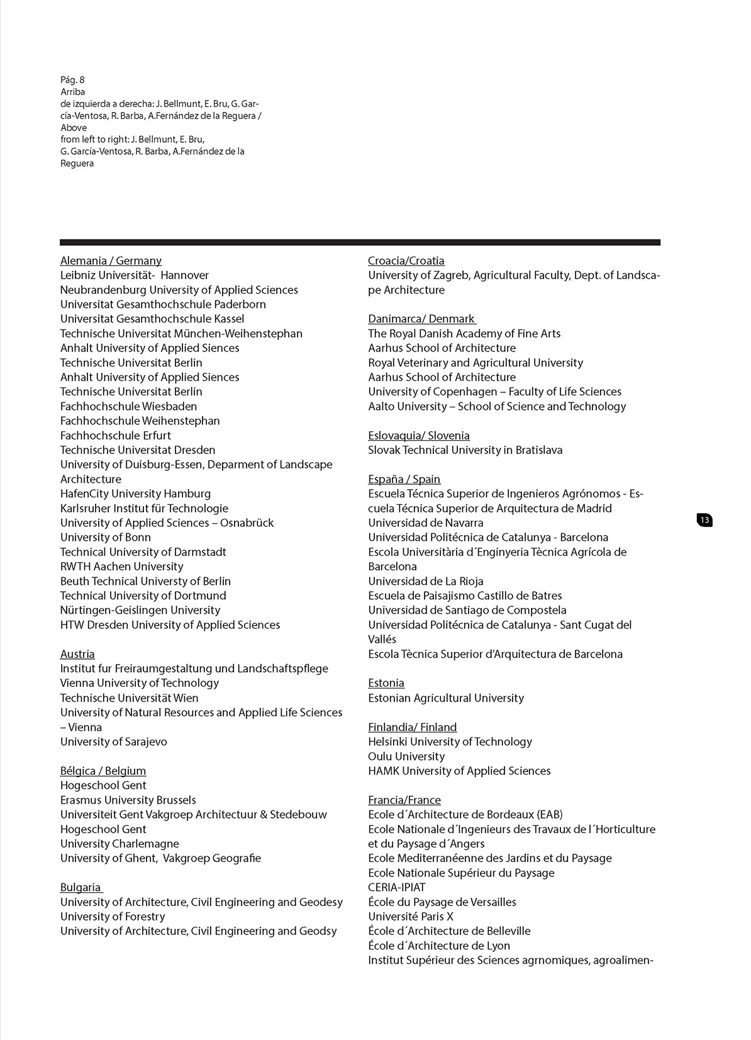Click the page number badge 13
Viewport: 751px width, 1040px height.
pyautogui.click(x=704, y=520)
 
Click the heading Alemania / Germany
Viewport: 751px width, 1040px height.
pyautogui.click(x=111, y=261)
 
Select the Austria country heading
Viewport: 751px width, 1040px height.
pyautogui.click(x=77, y=654)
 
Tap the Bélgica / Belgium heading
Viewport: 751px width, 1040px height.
pyautogui.click(x=103, y=771)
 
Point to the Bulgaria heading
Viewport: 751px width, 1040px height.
pyautogui.click(x=81, y=887)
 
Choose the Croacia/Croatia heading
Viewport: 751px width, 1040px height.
pyautogui.click(x=406, y=261)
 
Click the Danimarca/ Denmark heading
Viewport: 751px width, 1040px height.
pyautogui.click(x=421, y=319)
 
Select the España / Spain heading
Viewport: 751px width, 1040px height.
pyautogui.click(x=404, y=479)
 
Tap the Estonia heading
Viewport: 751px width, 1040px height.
pyautogui.click(x=386, y=683)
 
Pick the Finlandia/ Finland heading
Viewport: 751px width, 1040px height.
pyautogui.click(x=413, y=727)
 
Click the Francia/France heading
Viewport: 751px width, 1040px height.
pyautogui.click(x=404, y=800)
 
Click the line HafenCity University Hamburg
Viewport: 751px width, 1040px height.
pyautogui.click(x=135, y=494)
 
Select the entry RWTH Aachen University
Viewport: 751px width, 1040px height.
pyautogui.click(x=121, y=567)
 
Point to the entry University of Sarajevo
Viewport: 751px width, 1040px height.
pyautogui.click(x=114, y=742)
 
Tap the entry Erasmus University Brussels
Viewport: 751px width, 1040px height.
pyautogui.click(x=128, y=800)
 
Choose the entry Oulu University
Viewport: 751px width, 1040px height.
pyautogui.click(x=406, y=756)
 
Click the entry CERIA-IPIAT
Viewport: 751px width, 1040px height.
pyautogui.click(x=397, y=887)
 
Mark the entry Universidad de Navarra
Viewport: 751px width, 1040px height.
pyautogui.click(x=426, y=523)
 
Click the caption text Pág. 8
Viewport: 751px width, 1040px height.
pyautogui.click(x=72, y=80)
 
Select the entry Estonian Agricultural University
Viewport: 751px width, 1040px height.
pyautogui.click(x=446, y=698)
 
